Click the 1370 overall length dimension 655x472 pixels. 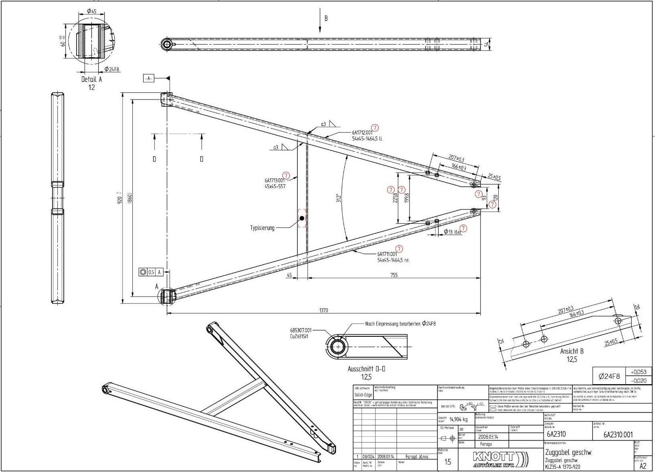pyautogui.click(x=323, y=310)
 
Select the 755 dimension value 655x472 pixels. pyautogui.click(x=394, y=275)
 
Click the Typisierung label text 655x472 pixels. pyautogui.click(x=263, y=228)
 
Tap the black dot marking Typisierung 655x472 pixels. pyautogui.click(x=302, y=218)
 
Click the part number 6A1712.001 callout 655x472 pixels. pyautogui.click(x=362, y=132)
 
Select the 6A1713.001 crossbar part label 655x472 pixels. pyautogui.click(x=275, y=181)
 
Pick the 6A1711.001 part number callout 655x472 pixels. pyautogui.click(x=387, y=254)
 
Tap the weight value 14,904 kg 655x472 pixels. pyautogui.click(x=458, y=419)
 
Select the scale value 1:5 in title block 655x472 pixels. pyautogui.click(x=448, y=462)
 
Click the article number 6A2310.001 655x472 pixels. pyautogui.click(x=618, y=435)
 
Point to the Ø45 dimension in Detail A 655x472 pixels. pyautogui.click(x=91, y=11)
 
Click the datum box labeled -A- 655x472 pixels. pyautogui.click(x=148, y=78)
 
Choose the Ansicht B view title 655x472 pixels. pyautogui.click(x=572, y=351)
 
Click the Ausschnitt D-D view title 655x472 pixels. pyautogui.click(x=366, y=369)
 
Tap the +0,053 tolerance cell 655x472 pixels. pyautogui.click(x=638, y=372)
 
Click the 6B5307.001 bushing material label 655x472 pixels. pyautogui.click(x=301, y=330)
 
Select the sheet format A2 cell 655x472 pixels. pyautogui.click(x=643, y=466)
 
